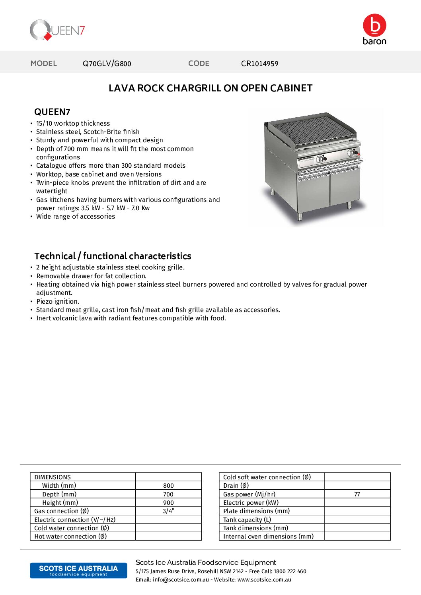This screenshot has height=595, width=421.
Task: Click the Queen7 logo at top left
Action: coord(57,30)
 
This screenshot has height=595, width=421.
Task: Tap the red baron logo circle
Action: coord(374,25)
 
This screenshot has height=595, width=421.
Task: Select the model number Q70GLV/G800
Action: coord(107,64)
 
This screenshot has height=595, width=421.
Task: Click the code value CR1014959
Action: coord(259,64)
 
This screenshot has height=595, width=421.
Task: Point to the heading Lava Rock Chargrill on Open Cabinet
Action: coord(210,88)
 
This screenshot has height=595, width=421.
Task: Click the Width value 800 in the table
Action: coord(168,486)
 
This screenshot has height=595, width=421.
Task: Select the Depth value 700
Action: coord(168,494)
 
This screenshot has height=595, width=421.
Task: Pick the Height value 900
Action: coord(168,503)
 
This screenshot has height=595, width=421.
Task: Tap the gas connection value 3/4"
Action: coord(168,511)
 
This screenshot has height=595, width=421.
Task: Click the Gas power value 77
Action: coord(357,494)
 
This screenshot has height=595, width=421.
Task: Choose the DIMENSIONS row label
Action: coord(53,477)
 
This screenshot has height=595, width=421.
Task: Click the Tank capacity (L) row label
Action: coord(247,520)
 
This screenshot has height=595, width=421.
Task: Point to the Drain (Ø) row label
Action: coord(236,486)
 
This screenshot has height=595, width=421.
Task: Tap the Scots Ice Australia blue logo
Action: coord(78,570)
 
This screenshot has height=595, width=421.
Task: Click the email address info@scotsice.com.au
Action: coord(181,580)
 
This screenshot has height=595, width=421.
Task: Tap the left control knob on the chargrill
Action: coord(319,159)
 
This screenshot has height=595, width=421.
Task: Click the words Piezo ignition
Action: coord(58,302)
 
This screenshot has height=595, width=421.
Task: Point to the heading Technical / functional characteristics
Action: coord(113,256)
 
